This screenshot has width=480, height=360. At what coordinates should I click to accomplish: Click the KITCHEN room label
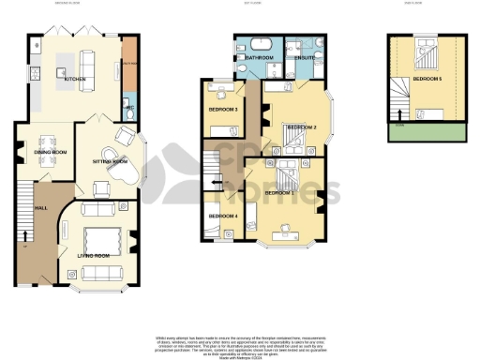click(74, 80)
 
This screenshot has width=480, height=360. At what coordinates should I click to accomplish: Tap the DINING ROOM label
click(50, 150)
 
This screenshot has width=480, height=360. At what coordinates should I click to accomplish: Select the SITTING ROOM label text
click(111, 162)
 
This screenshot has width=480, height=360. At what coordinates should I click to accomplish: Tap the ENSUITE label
click(304, 57)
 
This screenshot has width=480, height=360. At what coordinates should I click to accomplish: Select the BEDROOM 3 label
click(222, 110)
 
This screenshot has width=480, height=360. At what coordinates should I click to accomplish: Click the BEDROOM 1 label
click(279, 192)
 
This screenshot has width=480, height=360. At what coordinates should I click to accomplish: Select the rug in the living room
click(100, 237)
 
